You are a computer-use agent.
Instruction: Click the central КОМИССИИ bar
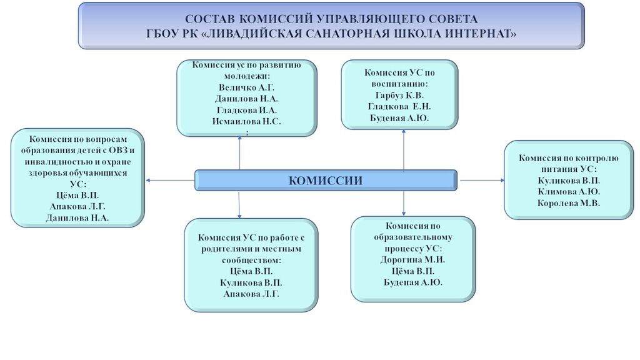326,180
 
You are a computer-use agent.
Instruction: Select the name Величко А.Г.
246,87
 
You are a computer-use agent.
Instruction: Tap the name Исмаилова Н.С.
246,121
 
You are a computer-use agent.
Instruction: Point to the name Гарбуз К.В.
399,95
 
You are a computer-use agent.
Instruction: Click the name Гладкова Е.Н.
399,106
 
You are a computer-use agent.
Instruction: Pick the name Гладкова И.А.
246,110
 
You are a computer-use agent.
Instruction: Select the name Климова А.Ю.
569,192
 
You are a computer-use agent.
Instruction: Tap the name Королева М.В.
569,203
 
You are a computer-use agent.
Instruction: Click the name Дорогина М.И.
412,259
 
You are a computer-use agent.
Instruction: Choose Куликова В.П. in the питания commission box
569,181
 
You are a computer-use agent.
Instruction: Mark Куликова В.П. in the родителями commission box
251,282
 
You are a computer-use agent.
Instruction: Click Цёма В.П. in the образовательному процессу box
412,271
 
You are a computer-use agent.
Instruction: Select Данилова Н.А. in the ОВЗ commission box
77,217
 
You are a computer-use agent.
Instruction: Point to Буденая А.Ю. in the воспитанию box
399,117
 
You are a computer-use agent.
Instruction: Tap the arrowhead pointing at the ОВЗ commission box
149,181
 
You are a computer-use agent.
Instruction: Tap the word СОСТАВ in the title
211,19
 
